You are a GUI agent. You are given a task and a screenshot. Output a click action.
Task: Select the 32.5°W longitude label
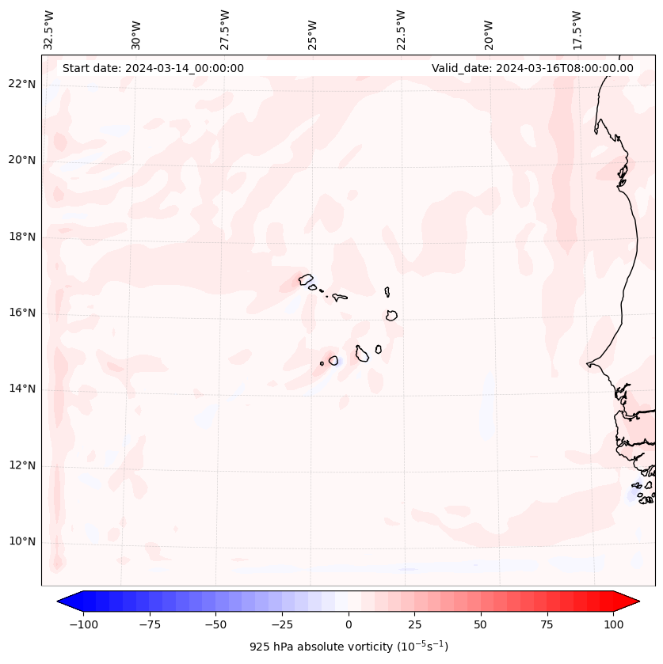(49, 30)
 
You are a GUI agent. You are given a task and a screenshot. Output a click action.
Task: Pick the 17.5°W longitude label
(577, 30)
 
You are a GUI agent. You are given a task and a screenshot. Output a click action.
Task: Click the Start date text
(153, 68)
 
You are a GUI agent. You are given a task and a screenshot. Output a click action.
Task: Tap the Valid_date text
(532, 68)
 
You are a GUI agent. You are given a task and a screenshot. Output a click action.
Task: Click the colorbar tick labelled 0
(349, 624)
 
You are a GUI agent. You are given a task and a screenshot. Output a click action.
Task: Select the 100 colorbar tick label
(613, 624)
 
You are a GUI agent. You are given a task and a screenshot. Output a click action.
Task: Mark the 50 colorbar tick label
(481, 624)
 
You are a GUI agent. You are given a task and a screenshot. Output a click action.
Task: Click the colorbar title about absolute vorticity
(349, 647)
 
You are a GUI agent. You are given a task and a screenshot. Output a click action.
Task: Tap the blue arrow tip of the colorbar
(63, 601)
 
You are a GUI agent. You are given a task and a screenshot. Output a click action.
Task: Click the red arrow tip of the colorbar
(634, 601)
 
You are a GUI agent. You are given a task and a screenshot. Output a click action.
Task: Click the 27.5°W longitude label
(225, 30)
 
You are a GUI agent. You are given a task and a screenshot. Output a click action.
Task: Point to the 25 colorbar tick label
(414, 624)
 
